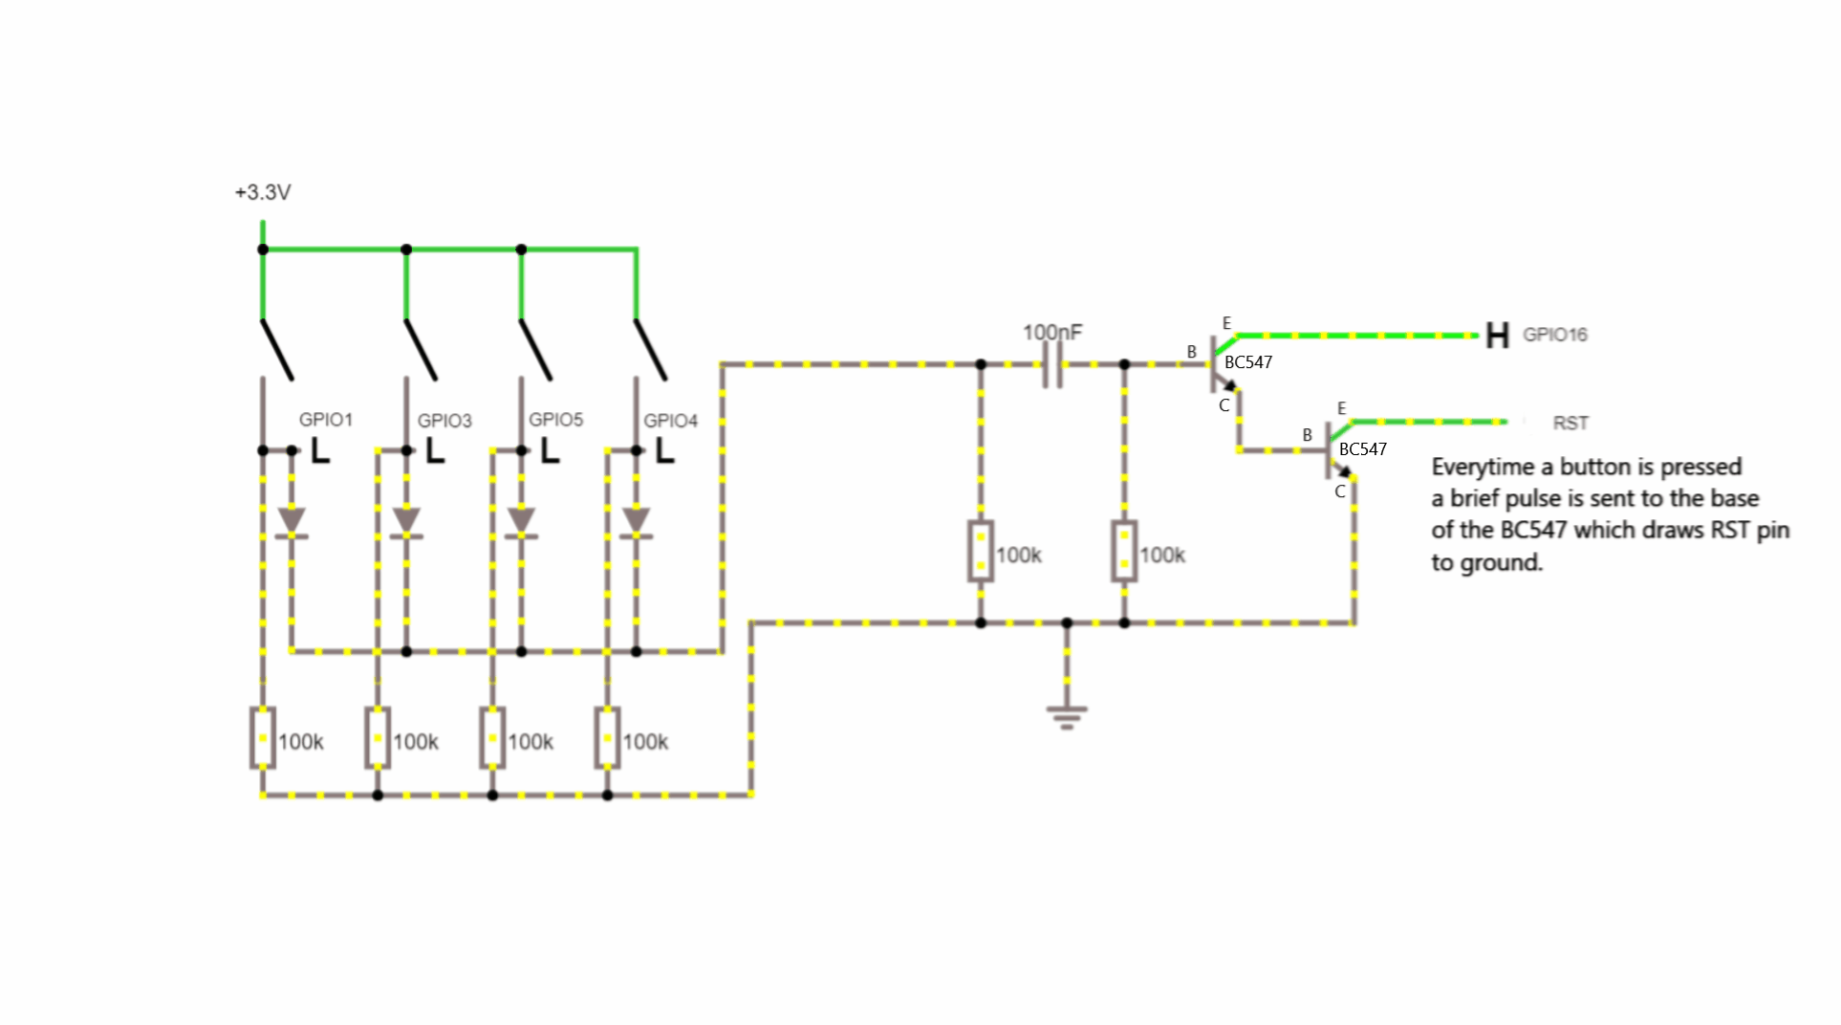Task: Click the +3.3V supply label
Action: (x=263, y=192)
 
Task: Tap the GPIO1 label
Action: (x=326, y=420)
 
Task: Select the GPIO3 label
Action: (x=444, y=421)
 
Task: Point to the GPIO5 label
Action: (x=555, y=420)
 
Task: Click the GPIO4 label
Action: (x=670, y=421)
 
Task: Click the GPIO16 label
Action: (x=1555, y=335)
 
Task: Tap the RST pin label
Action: (x=1570, y=423)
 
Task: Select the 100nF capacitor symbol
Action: (x=1052, y=364)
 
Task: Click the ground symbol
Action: (x=1067, y=716)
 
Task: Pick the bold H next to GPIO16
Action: (x=1497, y=336)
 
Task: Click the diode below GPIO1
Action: (x=292, y=522)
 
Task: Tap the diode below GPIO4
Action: (x=637, y=522)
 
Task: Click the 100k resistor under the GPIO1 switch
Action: (x=263, y=738)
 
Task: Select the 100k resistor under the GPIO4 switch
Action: (x=607, y=738)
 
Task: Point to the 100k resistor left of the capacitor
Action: (x=981, y=551)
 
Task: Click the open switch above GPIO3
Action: (x=421, y=349)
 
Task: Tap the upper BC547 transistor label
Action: (x=1248, y=362)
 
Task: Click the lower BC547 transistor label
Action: (x=1363, y=449)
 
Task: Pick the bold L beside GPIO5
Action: (x=550, y=450)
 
